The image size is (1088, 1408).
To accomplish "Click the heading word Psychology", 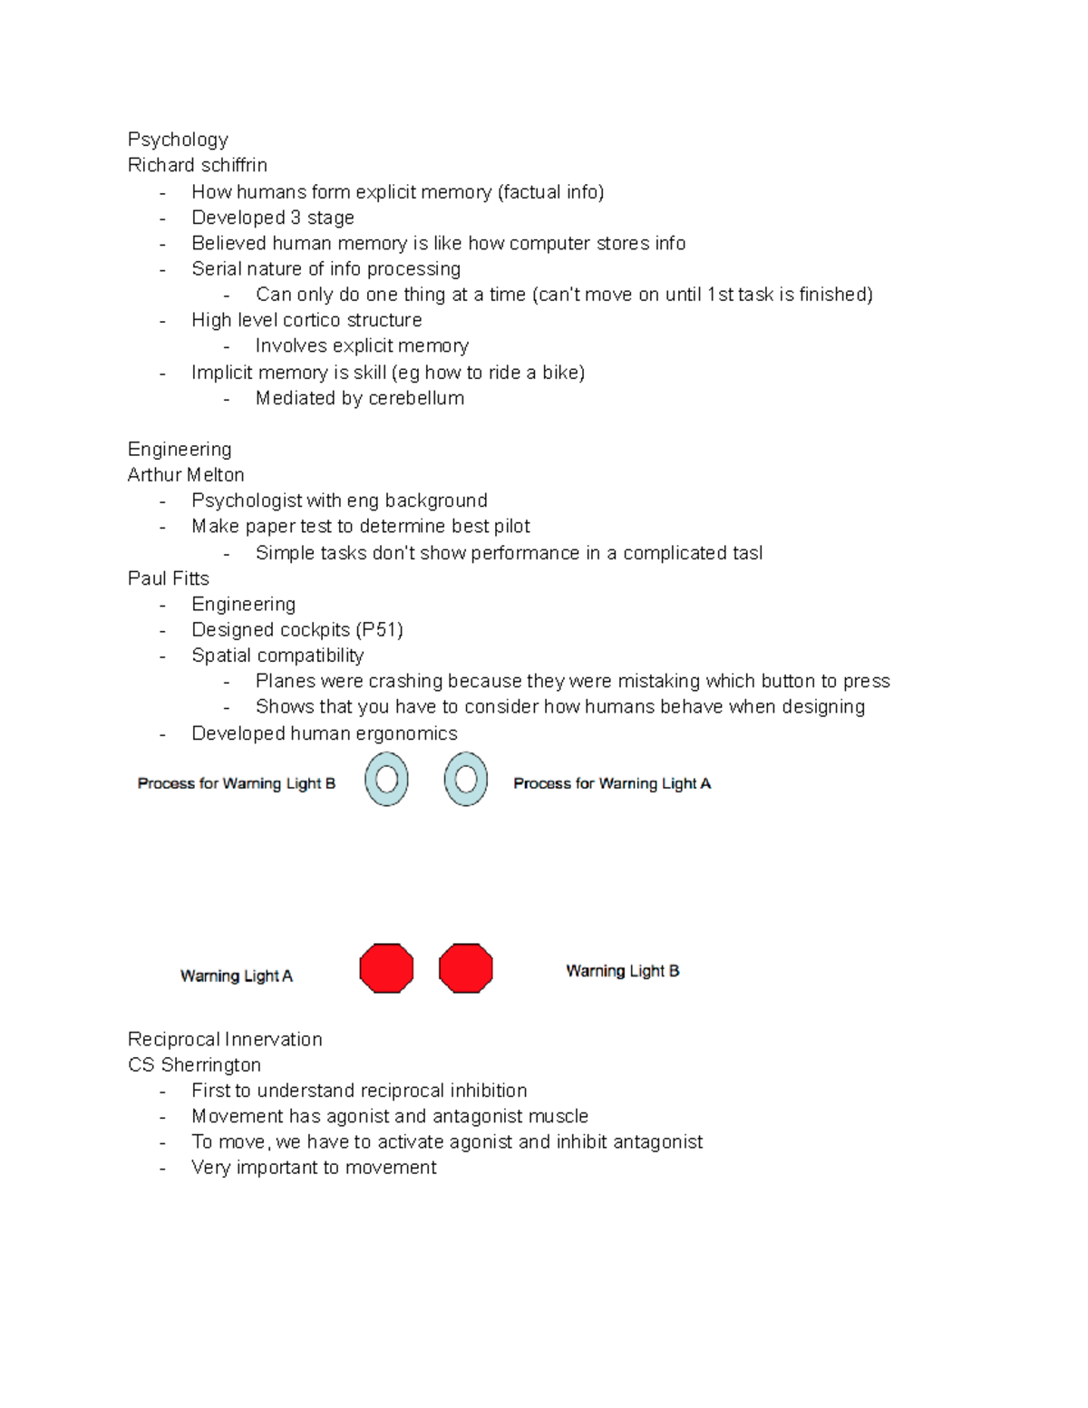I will point(178,140).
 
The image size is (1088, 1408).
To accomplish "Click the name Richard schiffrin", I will point(197,165).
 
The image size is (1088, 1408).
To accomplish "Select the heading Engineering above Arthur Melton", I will point(180,450).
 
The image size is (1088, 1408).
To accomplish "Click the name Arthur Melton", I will point(186,475).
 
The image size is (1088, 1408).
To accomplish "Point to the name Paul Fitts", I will point(168,578).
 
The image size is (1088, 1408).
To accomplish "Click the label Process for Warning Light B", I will point(236,783).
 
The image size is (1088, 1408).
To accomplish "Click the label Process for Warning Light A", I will point(612,783).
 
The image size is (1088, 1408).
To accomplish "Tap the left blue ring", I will point(386,780).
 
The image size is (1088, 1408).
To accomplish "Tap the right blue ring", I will point(466,780).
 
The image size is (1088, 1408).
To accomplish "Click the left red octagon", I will point(386,968).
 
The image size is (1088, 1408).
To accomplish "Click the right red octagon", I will point(466,968).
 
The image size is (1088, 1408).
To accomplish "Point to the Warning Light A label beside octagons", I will point(236,976).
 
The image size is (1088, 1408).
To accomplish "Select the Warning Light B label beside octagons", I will point(622,971).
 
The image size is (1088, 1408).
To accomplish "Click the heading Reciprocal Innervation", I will point(225,1039).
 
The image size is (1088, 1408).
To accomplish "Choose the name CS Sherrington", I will point(194,1065).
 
